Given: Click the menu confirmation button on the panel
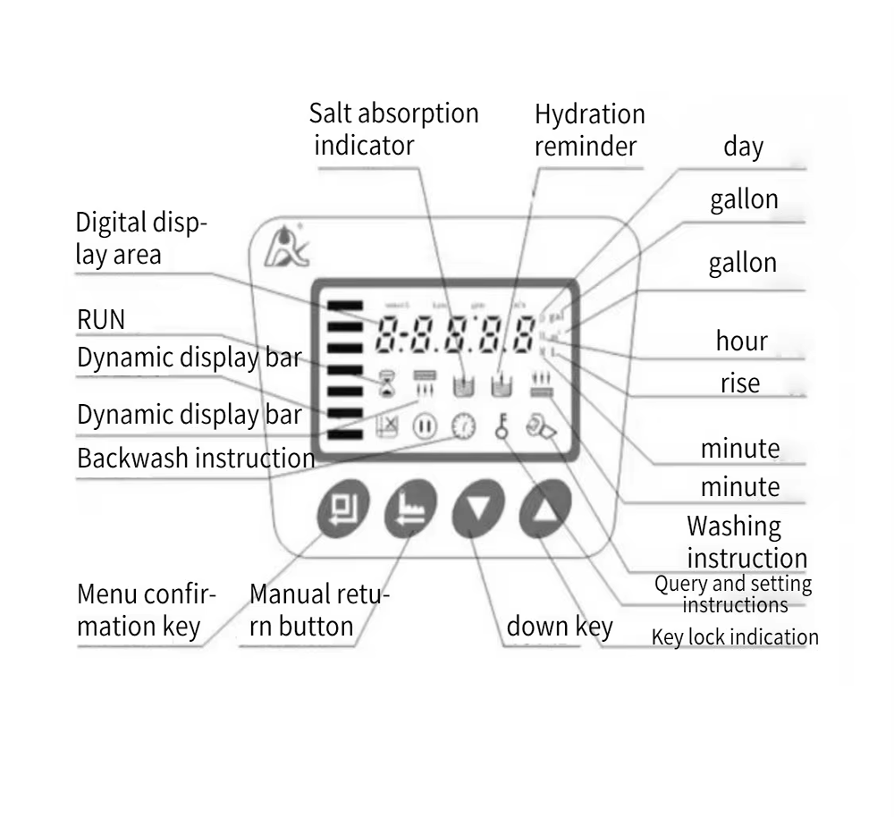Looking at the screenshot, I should tap(342, 510).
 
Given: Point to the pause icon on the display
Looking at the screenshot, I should tap(424, 427).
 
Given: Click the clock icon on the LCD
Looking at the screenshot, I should tap(462, 427).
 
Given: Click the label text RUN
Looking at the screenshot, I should tap(101, 319).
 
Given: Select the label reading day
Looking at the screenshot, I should tap(743, 147).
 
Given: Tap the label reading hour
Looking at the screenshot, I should tap(741, 341).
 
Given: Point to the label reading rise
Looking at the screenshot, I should tap(740, 383).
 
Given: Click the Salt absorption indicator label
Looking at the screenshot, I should tap(393, 129).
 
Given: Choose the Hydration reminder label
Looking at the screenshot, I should tap(589, 129).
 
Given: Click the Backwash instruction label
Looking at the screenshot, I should tap(196, 459).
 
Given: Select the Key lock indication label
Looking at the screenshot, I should tap(734, 637).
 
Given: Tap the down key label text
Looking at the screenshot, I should tap(560, 626).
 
